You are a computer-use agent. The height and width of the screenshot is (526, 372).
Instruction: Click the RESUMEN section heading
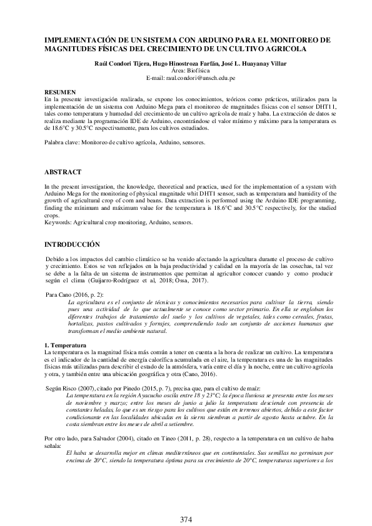[61, 91]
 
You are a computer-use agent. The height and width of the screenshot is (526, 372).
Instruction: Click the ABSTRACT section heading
[63, 171]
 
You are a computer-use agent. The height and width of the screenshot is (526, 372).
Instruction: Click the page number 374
[186, 519]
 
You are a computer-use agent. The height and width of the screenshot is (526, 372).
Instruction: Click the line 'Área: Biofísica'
[186, 72]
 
